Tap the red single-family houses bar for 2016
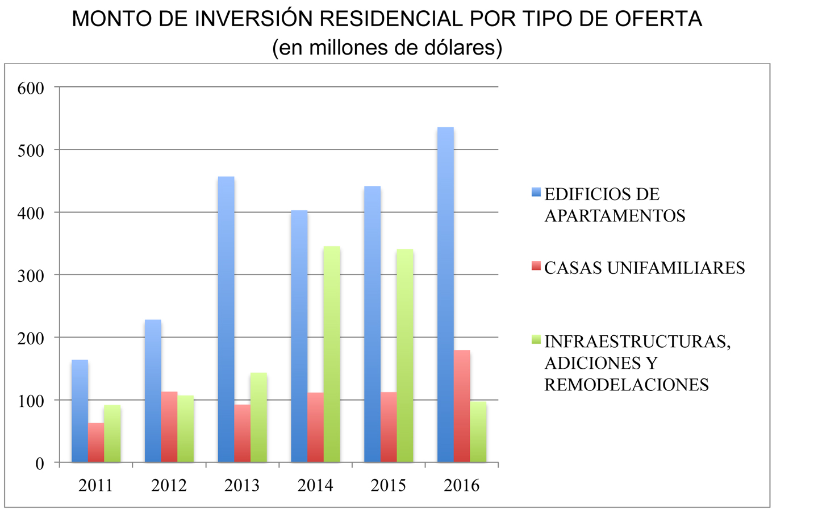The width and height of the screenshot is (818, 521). (x=462, y=406)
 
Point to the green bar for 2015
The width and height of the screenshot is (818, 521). (x=405, y=355)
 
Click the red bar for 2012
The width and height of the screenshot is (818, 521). (x=169, y=427)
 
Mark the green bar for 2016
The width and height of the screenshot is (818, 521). (x=478, y=432)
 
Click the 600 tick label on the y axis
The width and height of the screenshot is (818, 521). (x=31, y=88)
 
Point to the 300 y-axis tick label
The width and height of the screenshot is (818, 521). (x=31, y=276)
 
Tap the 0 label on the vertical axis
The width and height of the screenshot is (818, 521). (x=39, y=464)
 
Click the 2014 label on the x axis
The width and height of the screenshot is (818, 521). (x=315, y=486)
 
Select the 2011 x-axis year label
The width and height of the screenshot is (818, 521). (x=95, y=486)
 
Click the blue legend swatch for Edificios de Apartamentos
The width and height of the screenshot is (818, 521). (x=536, y=193)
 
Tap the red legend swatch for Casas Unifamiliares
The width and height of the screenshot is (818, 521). (x=536, y=265)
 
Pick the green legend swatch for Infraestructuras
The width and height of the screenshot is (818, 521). (x=536, y=339)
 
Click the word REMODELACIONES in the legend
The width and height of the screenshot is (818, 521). (x=626, y=385)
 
